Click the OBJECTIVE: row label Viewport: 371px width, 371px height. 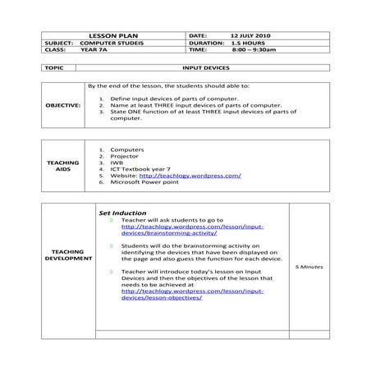click(63, 105)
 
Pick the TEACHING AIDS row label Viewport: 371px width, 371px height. click(63, 166)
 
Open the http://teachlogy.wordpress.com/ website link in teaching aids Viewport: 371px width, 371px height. click(190, 176)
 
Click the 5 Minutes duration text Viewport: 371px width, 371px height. click(309, 268)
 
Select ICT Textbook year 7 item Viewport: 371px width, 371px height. click(135, 169)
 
